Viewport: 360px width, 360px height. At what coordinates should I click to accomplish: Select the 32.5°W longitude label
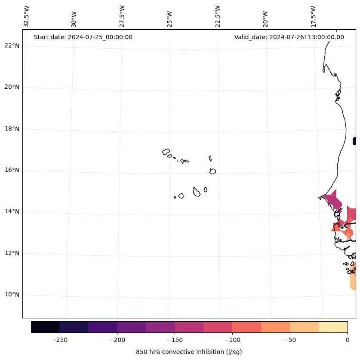pyautogui.click(x=27, y=16)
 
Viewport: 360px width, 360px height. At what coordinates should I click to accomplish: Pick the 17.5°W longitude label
pyautogui.click(x=313, y=16)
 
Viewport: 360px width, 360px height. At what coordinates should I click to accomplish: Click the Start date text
pyautogui.click(x=83, y=37)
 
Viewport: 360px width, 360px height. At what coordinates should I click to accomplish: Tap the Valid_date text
pyautogui.click(x=289, y=37)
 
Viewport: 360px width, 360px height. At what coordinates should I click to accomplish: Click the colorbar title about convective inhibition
pyautogui.click(x=189, y=352)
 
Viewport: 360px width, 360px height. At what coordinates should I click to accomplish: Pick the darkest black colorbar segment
pyautogui.click(x=45, y=327)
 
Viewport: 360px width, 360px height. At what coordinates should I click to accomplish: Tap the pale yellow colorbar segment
pyautogui.click(x=333, y=327)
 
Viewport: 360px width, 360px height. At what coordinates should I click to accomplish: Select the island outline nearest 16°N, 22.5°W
pyautogui.click(x=212, y=171)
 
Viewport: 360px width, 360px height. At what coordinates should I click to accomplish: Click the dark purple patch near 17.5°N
pyautogui.click(x=354, y=141)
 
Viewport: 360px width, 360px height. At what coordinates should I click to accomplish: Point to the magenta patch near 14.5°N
pyautogui.click(x=333, y=200)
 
